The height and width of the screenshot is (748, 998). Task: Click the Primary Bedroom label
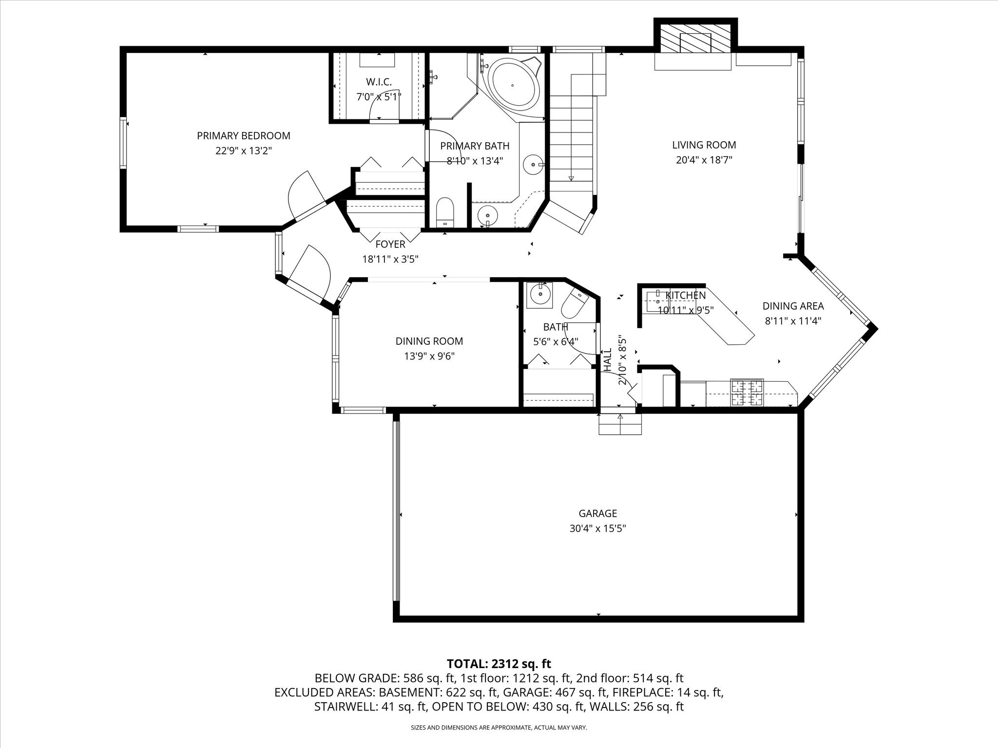pyautogui.click(x=244, y=136)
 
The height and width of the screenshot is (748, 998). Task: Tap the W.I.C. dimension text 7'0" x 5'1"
pyautogui.click(x=379, y=97)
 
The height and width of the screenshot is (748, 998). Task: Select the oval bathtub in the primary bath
pyautogui.click(x=516, y=86)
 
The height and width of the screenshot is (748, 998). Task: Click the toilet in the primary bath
pyautogui.click(x=445, y=212)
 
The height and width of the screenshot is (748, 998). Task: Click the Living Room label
pyautogui.click(x=704, y=145)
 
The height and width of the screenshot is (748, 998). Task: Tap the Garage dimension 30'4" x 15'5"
pyautogui.click(x=598, y=528)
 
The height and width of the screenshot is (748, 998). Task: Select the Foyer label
pyautogui.click(x=390, y=244)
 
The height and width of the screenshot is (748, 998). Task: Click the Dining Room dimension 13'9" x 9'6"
pyautogui.click(x=429, y=356)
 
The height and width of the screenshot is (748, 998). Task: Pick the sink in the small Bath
pyautogui.click(x=540, y=295)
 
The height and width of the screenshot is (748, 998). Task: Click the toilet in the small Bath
pyautogui.click(x=576, y=303)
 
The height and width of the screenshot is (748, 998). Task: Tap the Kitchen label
pyautogui.click(x=686, y=296)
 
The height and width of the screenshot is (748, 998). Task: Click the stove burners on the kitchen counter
pyautogui.click(x=747, y=393)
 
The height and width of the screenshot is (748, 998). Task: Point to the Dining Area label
pyautogui.click(x=793, y=306)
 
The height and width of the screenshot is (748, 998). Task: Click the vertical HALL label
pyautogui.click(x=608, y=360)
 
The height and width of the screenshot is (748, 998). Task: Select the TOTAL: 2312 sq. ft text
pyautogui.click(x=499, y=663)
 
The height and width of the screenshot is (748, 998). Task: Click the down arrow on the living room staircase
pyautogui.click(x=571, y=178)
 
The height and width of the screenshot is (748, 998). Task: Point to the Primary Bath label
pyautogui.click(x=475, y=146)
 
